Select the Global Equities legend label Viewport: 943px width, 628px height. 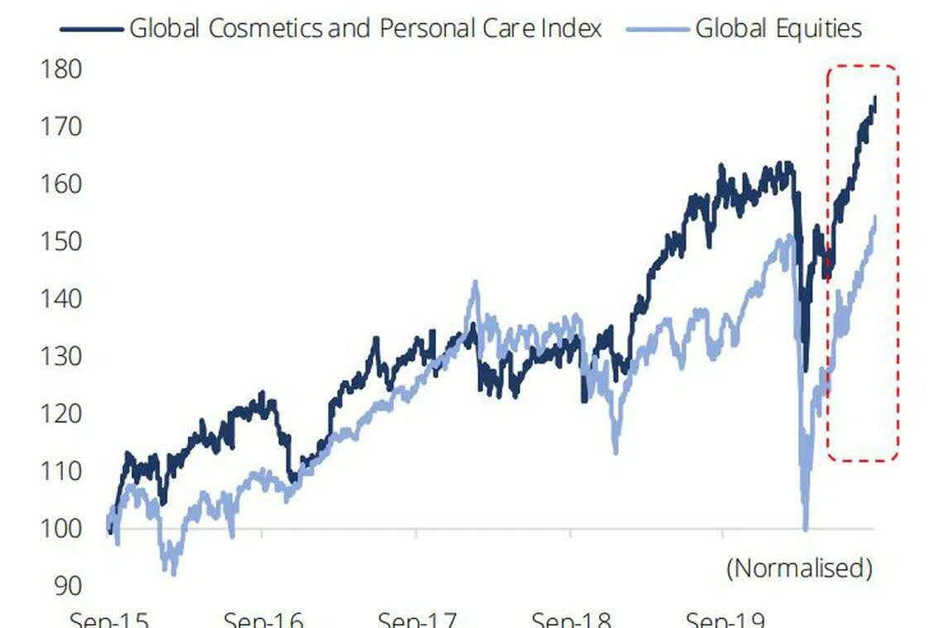778,28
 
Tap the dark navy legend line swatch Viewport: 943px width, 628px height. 91,28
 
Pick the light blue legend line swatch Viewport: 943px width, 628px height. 658,28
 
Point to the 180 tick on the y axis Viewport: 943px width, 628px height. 61,69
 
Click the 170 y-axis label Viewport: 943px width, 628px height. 61,126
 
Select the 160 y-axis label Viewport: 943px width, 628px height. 61,183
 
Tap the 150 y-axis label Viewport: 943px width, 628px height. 61,241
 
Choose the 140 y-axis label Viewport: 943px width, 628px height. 61,298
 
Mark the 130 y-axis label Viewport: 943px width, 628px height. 61,356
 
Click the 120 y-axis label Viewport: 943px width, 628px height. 61,413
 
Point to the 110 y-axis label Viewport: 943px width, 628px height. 61,471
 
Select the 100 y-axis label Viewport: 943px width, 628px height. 61,528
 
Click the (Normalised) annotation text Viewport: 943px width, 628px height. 799,569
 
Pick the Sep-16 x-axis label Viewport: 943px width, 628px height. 262,620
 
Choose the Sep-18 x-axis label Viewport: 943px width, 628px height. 571,620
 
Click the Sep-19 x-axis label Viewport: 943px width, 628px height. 725,620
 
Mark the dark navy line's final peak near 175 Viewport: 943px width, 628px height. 874,98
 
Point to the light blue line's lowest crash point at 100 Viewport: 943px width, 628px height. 806,527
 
